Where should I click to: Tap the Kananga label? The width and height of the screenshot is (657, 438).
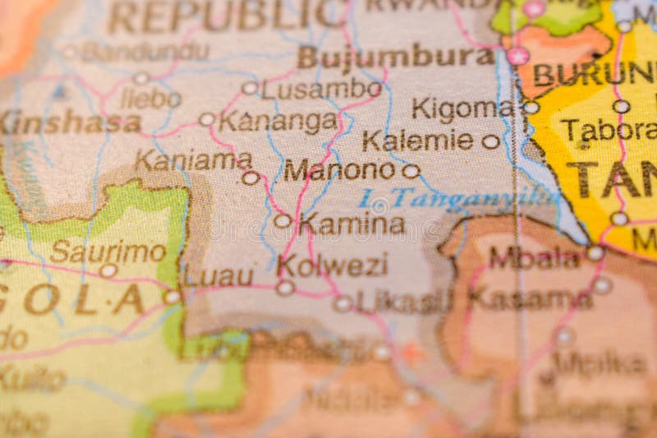coord(278,122)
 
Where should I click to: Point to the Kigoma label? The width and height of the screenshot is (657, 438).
coord(462,108)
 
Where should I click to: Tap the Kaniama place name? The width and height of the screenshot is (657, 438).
coord(192,159)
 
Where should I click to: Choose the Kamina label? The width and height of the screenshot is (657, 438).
coord(351,223)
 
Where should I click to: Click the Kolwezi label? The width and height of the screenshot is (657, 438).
coord(333,265)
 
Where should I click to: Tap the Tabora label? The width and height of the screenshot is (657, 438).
coord(609,130)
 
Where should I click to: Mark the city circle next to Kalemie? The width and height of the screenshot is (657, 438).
coord(491,141)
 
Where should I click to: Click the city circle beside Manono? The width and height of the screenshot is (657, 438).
coord(411,171)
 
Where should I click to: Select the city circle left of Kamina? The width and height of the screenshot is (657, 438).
coord(283,220)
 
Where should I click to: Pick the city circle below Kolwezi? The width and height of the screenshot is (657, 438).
coord(285,288)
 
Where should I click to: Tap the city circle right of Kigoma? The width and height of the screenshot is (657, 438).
coord(531,108)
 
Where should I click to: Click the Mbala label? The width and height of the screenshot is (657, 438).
coord(534,257)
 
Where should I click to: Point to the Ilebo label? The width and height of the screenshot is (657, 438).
coord(150,99)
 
